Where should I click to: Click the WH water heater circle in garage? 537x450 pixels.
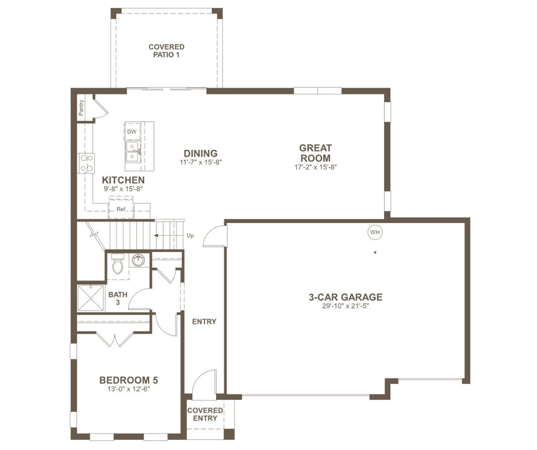tap(375, 232)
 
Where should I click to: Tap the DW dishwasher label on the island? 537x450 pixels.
tap(132, 131)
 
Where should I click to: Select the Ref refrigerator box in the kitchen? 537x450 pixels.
tap(121, 209)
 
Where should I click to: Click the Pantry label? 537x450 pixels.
tap(81, 107)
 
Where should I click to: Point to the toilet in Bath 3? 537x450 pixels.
tap(118, 264)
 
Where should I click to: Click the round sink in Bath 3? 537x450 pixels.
tap(138, 260)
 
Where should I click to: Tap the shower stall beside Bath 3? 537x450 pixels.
tap(91, 298)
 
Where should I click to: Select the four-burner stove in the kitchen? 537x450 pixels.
tap(87, 163)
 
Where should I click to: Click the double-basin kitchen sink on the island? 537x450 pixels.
tap(133, 152)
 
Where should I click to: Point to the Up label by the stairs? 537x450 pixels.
tap(190, 235)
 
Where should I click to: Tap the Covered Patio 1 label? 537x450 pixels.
tap(167, 51)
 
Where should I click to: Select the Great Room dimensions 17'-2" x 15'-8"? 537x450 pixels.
tap(315, 167)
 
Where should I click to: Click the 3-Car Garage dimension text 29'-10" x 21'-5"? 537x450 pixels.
tap(345, 306)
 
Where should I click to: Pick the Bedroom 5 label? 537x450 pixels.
tap(128, 380)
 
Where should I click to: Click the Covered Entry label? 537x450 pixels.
tap(205, 414)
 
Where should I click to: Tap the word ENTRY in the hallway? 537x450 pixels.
tap(204, 322)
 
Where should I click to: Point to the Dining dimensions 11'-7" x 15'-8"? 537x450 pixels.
tap(201, 162)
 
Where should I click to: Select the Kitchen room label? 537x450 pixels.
tap(123, 180)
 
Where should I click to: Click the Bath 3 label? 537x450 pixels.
tap(117, 298)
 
